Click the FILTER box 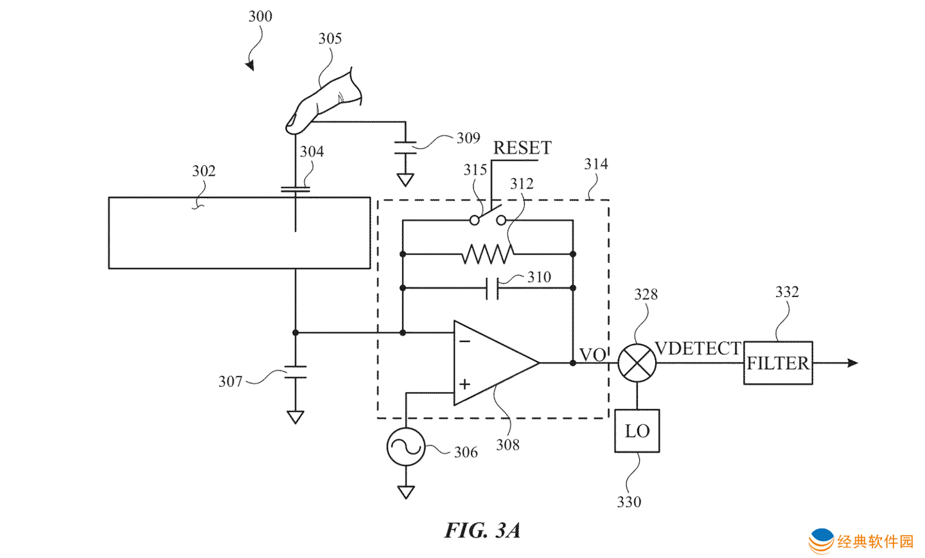click(778, 363)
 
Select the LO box click(637, 431)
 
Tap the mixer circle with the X click(637, 363)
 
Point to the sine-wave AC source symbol click(406, 446)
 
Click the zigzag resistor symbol click(488, 254)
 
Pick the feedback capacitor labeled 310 click(492, 288)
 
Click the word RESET click(522, 148)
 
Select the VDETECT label click(698, 348)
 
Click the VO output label click(592, 355)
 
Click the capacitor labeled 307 click(295, 372)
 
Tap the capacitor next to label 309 click(405, 147)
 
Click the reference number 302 click(204, 171)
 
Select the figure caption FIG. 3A click(482, 530)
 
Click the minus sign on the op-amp click(464, 341)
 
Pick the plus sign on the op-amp click(464, 384)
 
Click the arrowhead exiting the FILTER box click(852, 363)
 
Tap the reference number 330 click(629, 502)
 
